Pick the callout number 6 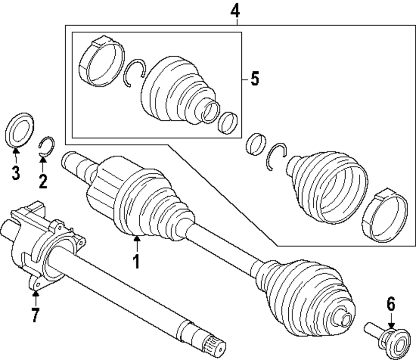click(x=391, y=305)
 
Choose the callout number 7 click(x=35, y=315)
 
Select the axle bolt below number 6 click(x=387, y=337)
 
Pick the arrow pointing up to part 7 click(x=35, y=297)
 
